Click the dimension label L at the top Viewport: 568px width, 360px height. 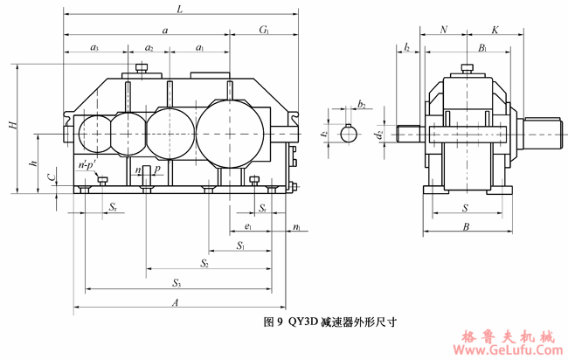coord(179,9)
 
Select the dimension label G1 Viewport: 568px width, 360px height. coord(264,30)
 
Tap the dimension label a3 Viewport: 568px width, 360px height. coord(94,47)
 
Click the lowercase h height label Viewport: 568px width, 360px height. coord(32,163)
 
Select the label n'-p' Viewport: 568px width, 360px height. coord(86,165)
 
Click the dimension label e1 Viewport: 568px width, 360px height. coord(249,226)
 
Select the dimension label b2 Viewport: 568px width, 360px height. coord(361,104)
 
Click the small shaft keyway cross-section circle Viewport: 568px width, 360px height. coord(351,134)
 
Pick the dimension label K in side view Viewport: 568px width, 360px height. coord(495,30)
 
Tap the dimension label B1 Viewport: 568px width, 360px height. coord(483,47)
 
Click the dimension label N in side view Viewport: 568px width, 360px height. coord(444,30)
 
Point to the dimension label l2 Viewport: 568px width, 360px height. coord(407,47)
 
